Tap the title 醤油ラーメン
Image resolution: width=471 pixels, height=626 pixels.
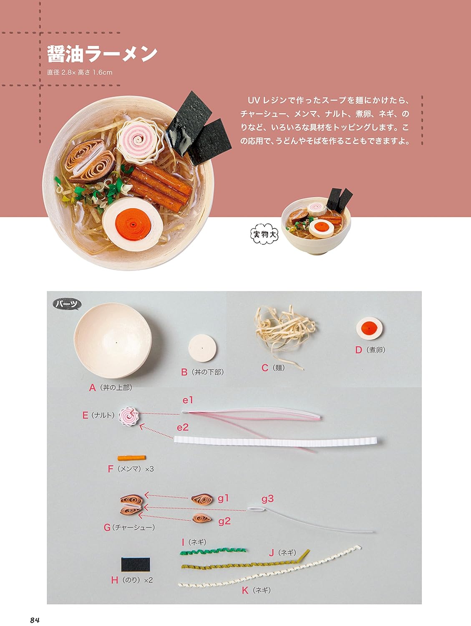coord(102,53)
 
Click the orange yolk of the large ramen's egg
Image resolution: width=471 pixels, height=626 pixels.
coord(133,224)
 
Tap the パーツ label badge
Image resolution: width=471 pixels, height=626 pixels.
coord(67,304)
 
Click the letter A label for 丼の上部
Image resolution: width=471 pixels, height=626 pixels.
coord(92,388)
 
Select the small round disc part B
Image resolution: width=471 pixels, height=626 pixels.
coord(202,348)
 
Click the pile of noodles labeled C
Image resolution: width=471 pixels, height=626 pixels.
coord(284,332)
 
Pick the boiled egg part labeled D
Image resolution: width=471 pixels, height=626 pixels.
coord(369,328)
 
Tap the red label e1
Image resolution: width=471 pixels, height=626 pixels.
coord(188,400)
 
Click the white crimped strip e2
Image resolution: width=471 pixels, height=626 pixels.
coord(275,441)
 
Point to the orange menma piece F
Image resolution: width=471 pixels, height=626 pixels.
coord(131,458)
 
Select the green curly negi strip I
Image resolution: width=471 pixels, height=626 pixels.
coord(213,551)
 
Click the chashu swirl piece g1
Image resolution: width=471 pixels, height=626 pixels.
coord(202,499)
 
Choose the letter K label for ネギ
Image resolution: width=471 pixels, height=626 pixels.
coord(245,591)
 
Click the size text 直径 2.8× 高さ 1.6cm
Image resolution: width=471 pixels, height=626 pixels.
coord(80,73)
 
